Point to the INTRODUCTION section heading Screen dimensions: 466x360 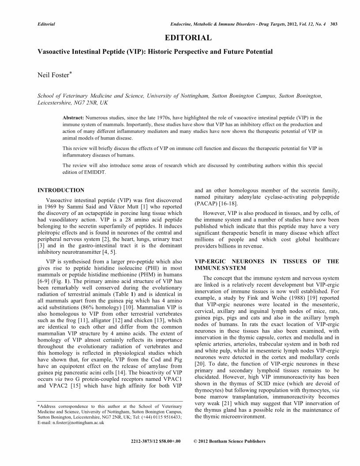[x=61, y=190]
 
